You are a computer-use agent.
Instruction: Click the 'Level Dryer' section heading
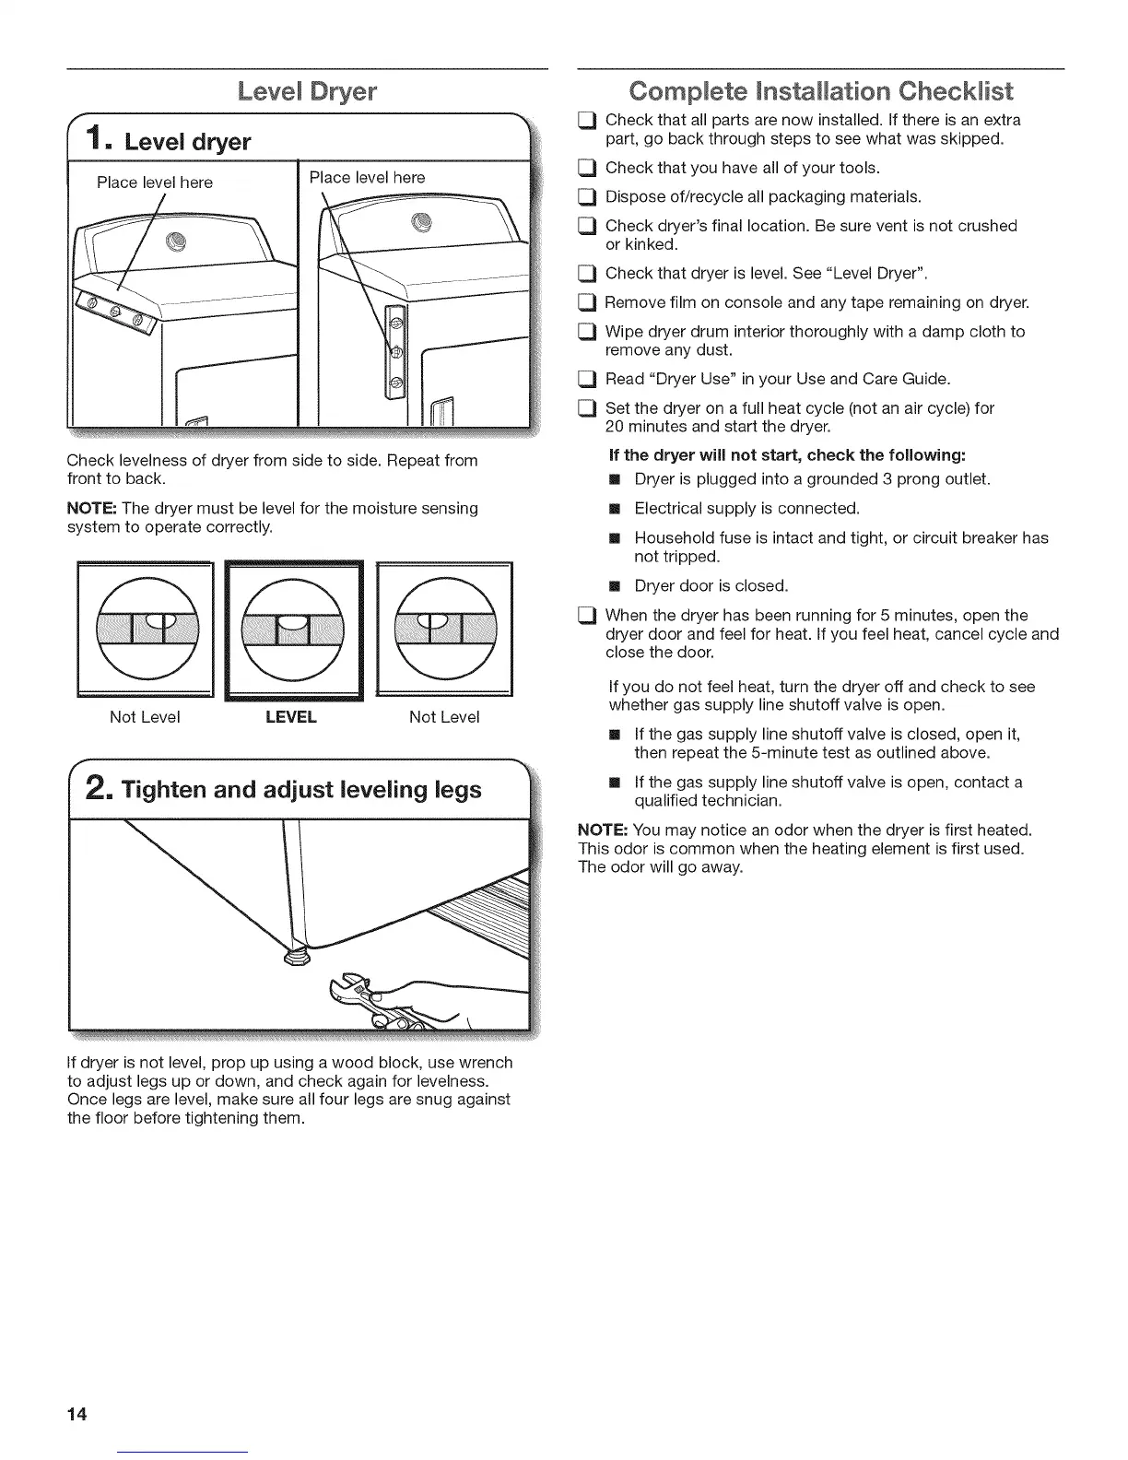click(x=307, y=92)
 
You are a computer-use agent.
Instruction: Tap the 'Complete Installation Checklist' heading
click(x=819, y=92)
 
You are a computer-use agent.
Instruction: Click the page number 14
click(x=76, y=1415)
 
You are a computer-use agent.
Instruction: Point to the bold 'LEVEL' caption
click(x=290, y=717)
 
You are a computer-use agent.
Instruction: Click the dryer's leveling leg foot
click(x=295, y=960)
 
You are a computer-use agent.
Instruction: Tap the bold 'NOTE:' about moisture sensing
click(x=92, y=508)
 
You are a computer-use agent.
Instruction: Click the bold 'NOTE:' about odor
click(x=603, y=830)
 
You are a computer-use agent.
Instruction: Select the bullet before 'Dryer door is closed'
click(x=615, y=586)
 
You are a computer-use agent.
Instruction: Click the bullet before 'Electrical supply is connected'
click(x=615, y=509)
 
